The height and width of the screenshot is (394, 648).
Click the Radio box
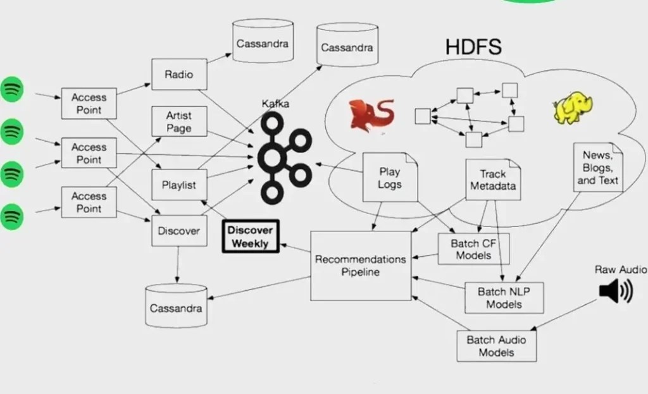[178, 75]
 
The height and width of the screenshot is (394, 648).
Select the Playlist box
[179, 185]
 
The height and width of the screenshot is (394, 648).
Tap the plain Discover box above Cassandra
[178, 231]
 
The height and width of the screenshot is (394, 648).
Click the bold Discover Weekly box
[250, 237]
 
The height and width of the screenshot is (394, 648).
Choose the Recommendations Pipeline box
[360, 265]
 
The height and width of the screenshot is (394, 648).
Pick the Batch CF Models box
[473, 249]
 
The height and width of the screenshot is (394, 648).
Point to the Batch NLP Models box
[504, 298]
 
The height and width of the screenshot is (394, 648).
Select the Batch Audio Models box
[496, 345]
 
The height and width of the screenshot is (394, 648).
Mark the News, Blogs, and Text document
[597, 167]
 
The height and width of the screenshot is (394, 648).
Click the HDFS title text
[473, 47]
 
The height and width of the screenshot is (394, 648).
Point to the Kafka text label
[275, 103]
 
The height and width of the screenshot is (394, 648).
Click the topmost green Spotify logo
[11, 90]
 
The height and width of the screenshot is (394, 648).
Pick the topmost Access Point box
[89, 104]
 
